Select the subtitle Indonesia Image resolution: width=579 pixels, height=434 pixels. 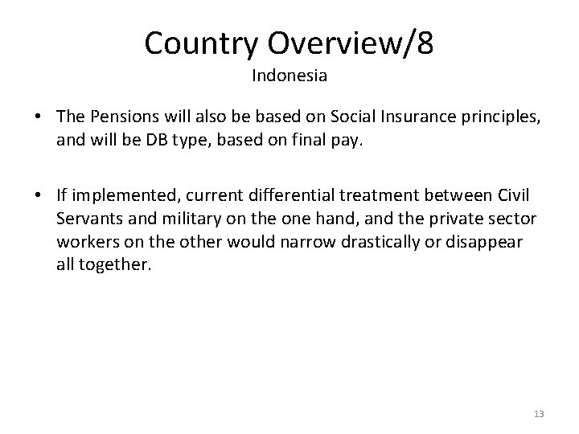pos(289,76)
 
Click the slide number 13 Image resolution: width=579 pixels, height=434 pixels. pos(539,414)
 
